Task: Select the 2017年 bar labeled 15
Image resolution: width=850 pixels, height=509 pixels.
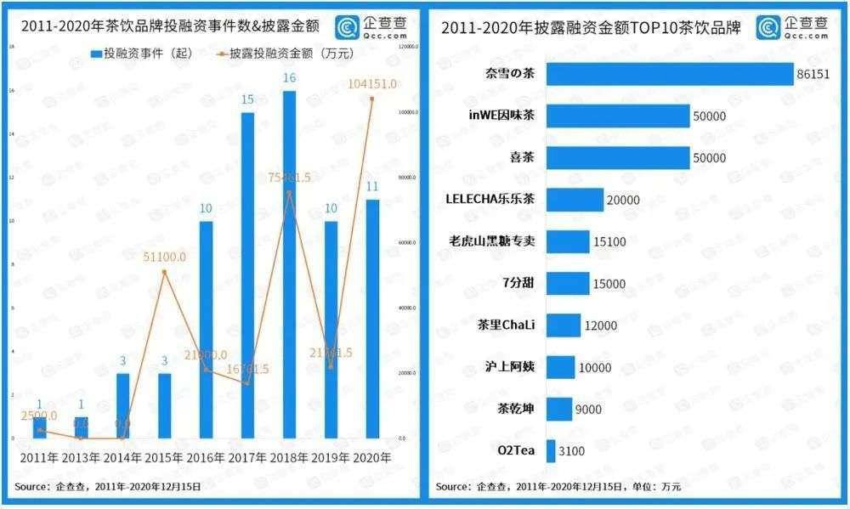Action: coord(247,274)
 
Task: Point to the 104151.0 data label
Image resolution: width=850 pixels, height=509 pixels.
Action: coord(372,82)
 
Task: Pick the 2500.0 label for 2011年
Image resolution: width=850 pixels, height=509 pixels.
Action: coord(40,416)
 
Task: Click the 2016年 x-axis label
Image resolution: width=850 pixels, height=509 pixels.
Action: coord(206,458)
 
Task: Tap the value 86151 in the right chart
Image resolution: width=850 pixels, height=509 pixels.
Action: coord(814,74)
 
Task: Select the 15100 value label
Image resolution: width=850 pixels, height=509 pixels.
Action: coord(609,242)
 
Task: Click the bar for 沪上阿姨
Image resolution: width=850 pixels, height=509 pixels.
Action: coord(559,367)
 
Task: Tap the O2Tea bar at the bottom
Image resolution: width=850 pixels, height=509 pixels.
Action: coord(550,450)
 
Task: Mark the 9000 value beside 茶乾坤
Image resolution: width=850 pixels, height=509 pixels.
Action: coord(588,409)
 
